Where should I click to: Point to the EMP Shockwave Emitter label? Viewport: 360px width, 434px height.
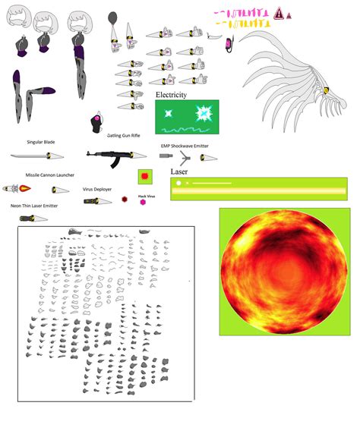185,146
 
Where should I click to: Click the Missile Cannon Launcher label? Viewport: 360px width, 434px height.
49,175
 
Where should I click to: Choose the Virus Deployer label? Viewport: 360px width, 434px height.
98,188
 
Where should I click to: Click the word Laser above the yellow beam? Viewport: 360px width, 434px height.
179,172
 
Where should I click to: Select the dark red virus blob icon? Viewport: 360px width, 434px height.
125,199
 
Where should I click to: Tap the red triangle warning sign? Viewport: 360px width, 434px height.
279,13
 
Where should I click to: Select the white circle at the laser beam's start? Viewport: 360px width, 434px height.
178,183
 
